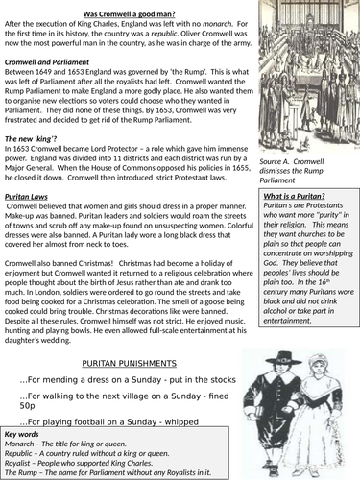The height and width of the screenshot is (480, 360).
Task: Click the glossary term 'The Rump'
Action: [x=25, y=471]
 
